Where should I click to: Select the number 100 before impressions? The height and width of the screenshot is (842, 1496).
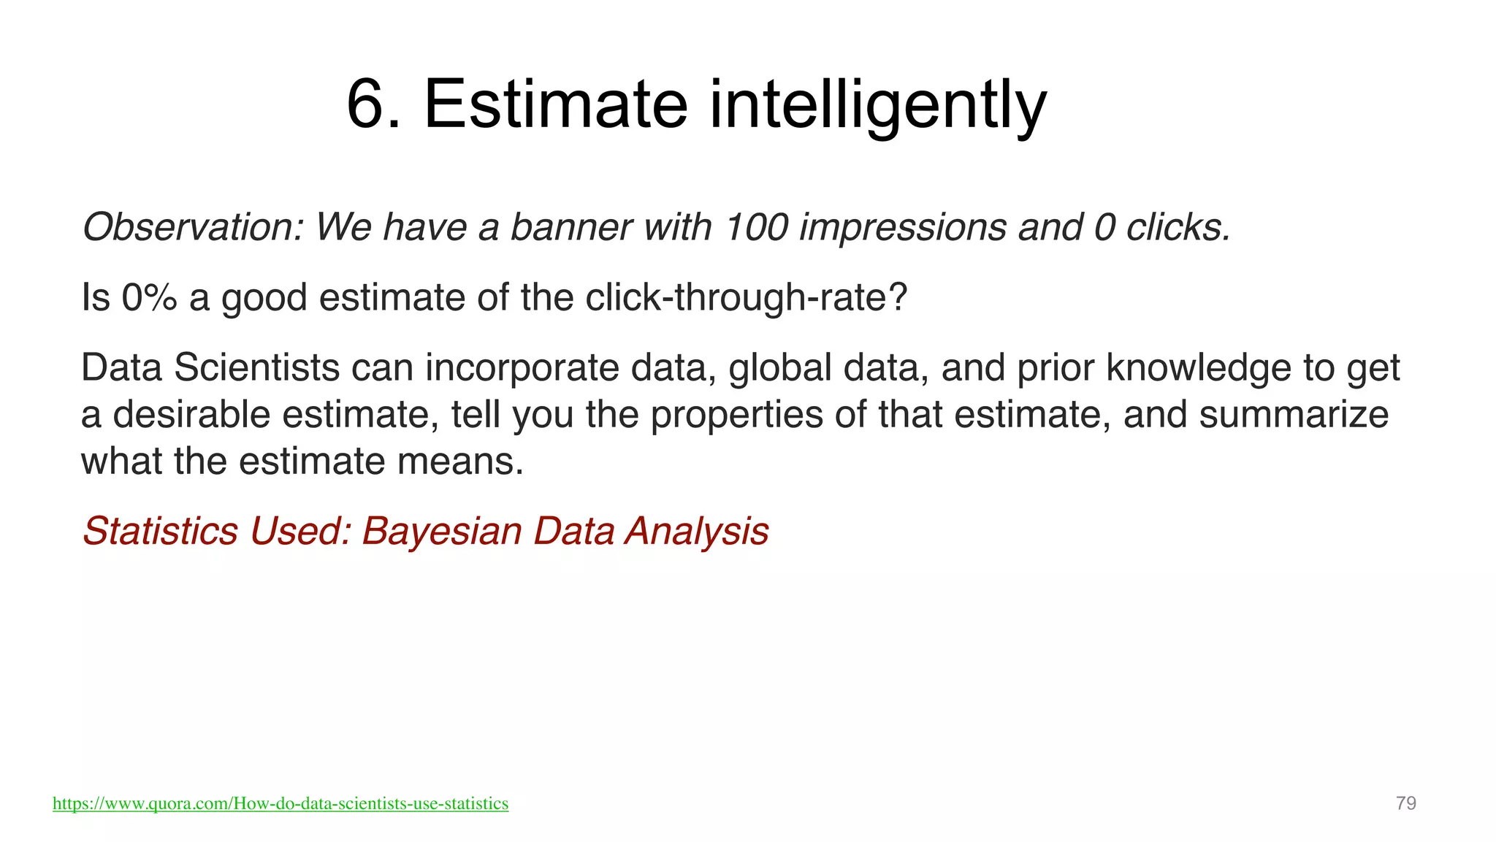tap(756, 227)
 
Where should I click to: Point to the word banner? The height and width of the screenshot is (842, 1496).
tap(570, 227)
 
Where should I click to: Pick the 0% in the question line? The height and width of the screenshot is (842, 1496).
tap(149, 297)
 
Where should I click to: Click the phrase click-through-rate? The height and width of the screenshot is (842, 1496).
tap(745, 297)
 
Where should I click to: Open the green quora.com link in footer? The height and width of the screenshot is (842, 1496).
tap(280, 803)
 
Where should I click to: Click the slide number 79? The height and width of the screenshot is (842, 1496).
tap(1405, 803)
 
